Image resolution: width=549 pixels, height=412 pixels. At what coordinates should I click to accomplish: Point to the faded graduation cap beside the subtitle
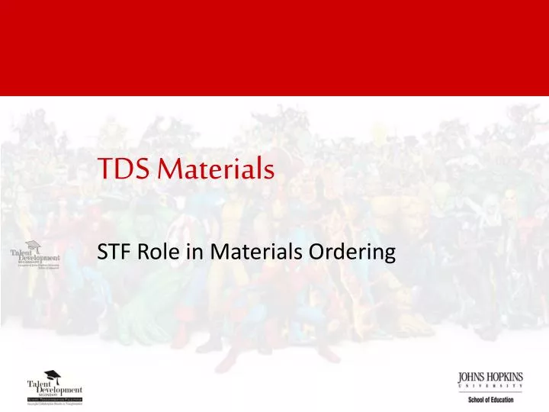pos(33,246)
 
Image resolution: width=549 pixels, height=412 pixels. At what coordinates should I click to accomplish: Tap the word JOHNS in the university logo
pos(474,376)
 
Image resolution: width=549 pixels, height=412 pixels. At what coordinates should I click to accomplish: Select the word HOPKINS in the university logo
pos(506,376)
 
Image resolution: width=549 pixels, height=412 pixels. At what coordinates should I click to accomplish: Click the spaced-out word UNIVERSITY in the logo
pos(490,387)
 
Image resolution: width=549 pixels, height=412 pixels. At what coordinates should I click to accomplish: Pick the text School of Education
pos(490,400)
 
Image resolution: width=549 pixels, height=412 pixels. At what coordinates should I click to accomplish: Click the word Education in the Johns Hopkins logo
pos(503,400)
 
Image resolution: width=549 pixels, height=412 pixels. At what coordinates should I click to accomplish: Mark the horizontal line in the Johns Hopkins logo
pos(490,393)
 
